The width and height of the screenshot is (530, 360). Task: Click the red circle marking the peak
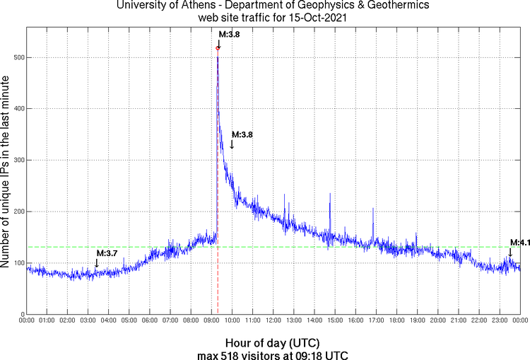point(218,47)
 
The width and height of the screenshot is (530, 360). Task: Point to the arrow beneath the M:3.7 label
point(97,263)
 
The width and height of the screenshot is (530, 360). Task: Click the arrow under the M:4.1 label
point(510,252)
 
